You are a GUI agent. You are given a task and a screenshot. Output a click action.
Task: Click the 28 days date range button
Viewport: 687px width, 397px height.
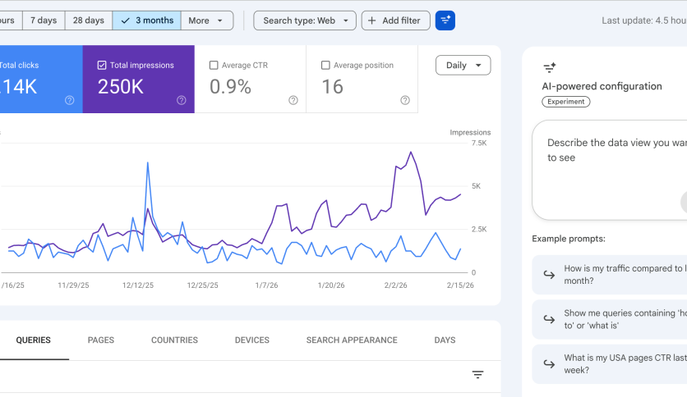click(89, 21)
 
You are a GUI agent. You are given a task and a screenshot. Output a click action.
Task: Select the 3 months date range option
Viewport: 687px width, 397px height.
click(146, 21)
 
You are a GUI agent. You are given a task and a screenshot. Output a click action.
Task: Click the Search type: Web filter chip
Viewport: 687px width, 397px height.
click(305, 21)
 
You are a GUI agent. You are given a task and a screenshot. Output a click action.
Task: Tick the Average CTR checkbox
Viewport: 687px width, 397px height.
click(214, 65)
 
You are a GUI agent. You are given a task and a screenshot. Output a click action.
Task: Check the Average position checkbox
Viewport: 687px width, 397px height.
click(325, 65)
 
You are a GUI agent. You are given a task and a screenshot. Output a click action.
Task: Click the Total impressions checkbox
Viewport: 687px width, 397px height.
click(102, 65)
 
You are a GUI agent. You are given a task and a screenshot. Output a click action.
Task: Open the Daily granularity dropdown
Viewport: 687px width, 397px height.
click(463, 65)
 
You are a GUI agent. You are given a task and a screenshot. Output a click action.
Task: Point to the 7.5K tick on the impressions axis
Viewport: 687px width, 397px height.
click(479, 144)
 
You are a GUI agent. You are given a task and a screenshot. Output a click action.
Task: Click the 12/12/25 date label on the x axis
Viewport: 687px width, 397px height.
click(137, 285)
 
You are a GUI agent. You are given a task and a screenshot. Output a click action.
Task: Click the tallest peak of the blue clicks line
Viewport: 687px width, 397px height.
click(147, 162)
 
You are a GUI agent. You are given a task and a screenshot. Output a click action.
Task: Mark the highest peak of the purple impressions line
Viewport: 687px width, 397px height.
click(411, 152)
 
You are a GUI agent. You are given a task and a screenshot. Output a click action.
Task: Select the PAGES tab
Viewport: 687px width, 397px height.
click(100, 340)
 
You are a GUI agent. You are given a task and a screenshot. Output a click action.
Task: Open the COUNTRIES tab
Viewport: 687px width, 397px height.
click(174, 340)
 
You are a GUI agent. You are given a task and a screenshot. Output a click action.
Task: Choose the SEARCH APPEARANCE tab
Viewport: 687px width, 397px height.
click(352, 340)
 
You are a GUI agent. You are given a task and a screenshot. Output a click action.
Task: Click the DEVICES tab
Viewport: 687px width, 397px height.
click(251, 340)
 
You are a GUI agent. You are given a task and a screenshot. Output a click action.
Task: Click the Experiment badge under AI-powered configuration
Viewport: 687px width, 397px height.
click(566, 102)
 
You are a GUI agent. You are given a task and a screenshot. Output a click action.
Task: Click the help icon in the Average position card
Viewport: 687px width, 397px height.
click(405, 100)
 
